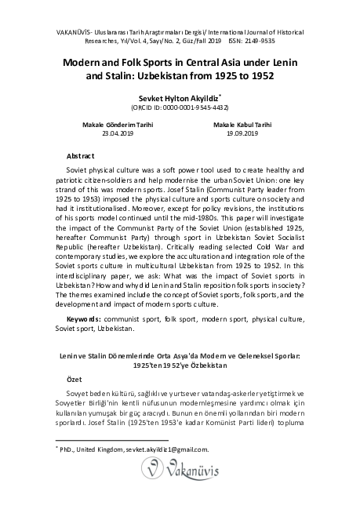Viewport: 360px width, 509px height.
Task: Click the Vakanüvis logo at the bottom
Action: tap(180, 471)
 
